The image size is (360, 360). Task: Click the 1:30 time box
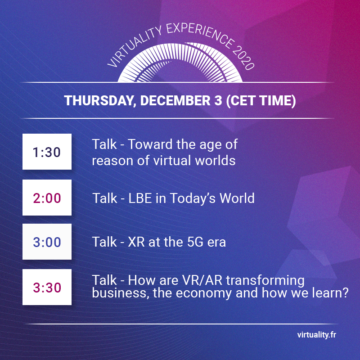click(x=47, y=152)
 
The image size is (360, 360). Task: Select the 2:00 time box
click(x=47, y=198)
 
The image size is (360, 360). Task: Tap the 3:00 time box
click(x=47, y=242)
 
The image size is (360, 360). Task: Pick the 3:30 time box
click(x=47, y=287)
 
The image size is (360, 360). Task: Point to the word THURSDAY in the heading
click(x=99, y=100)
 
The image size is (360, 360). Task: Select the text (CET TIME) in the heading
click(x=260, y=100)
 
